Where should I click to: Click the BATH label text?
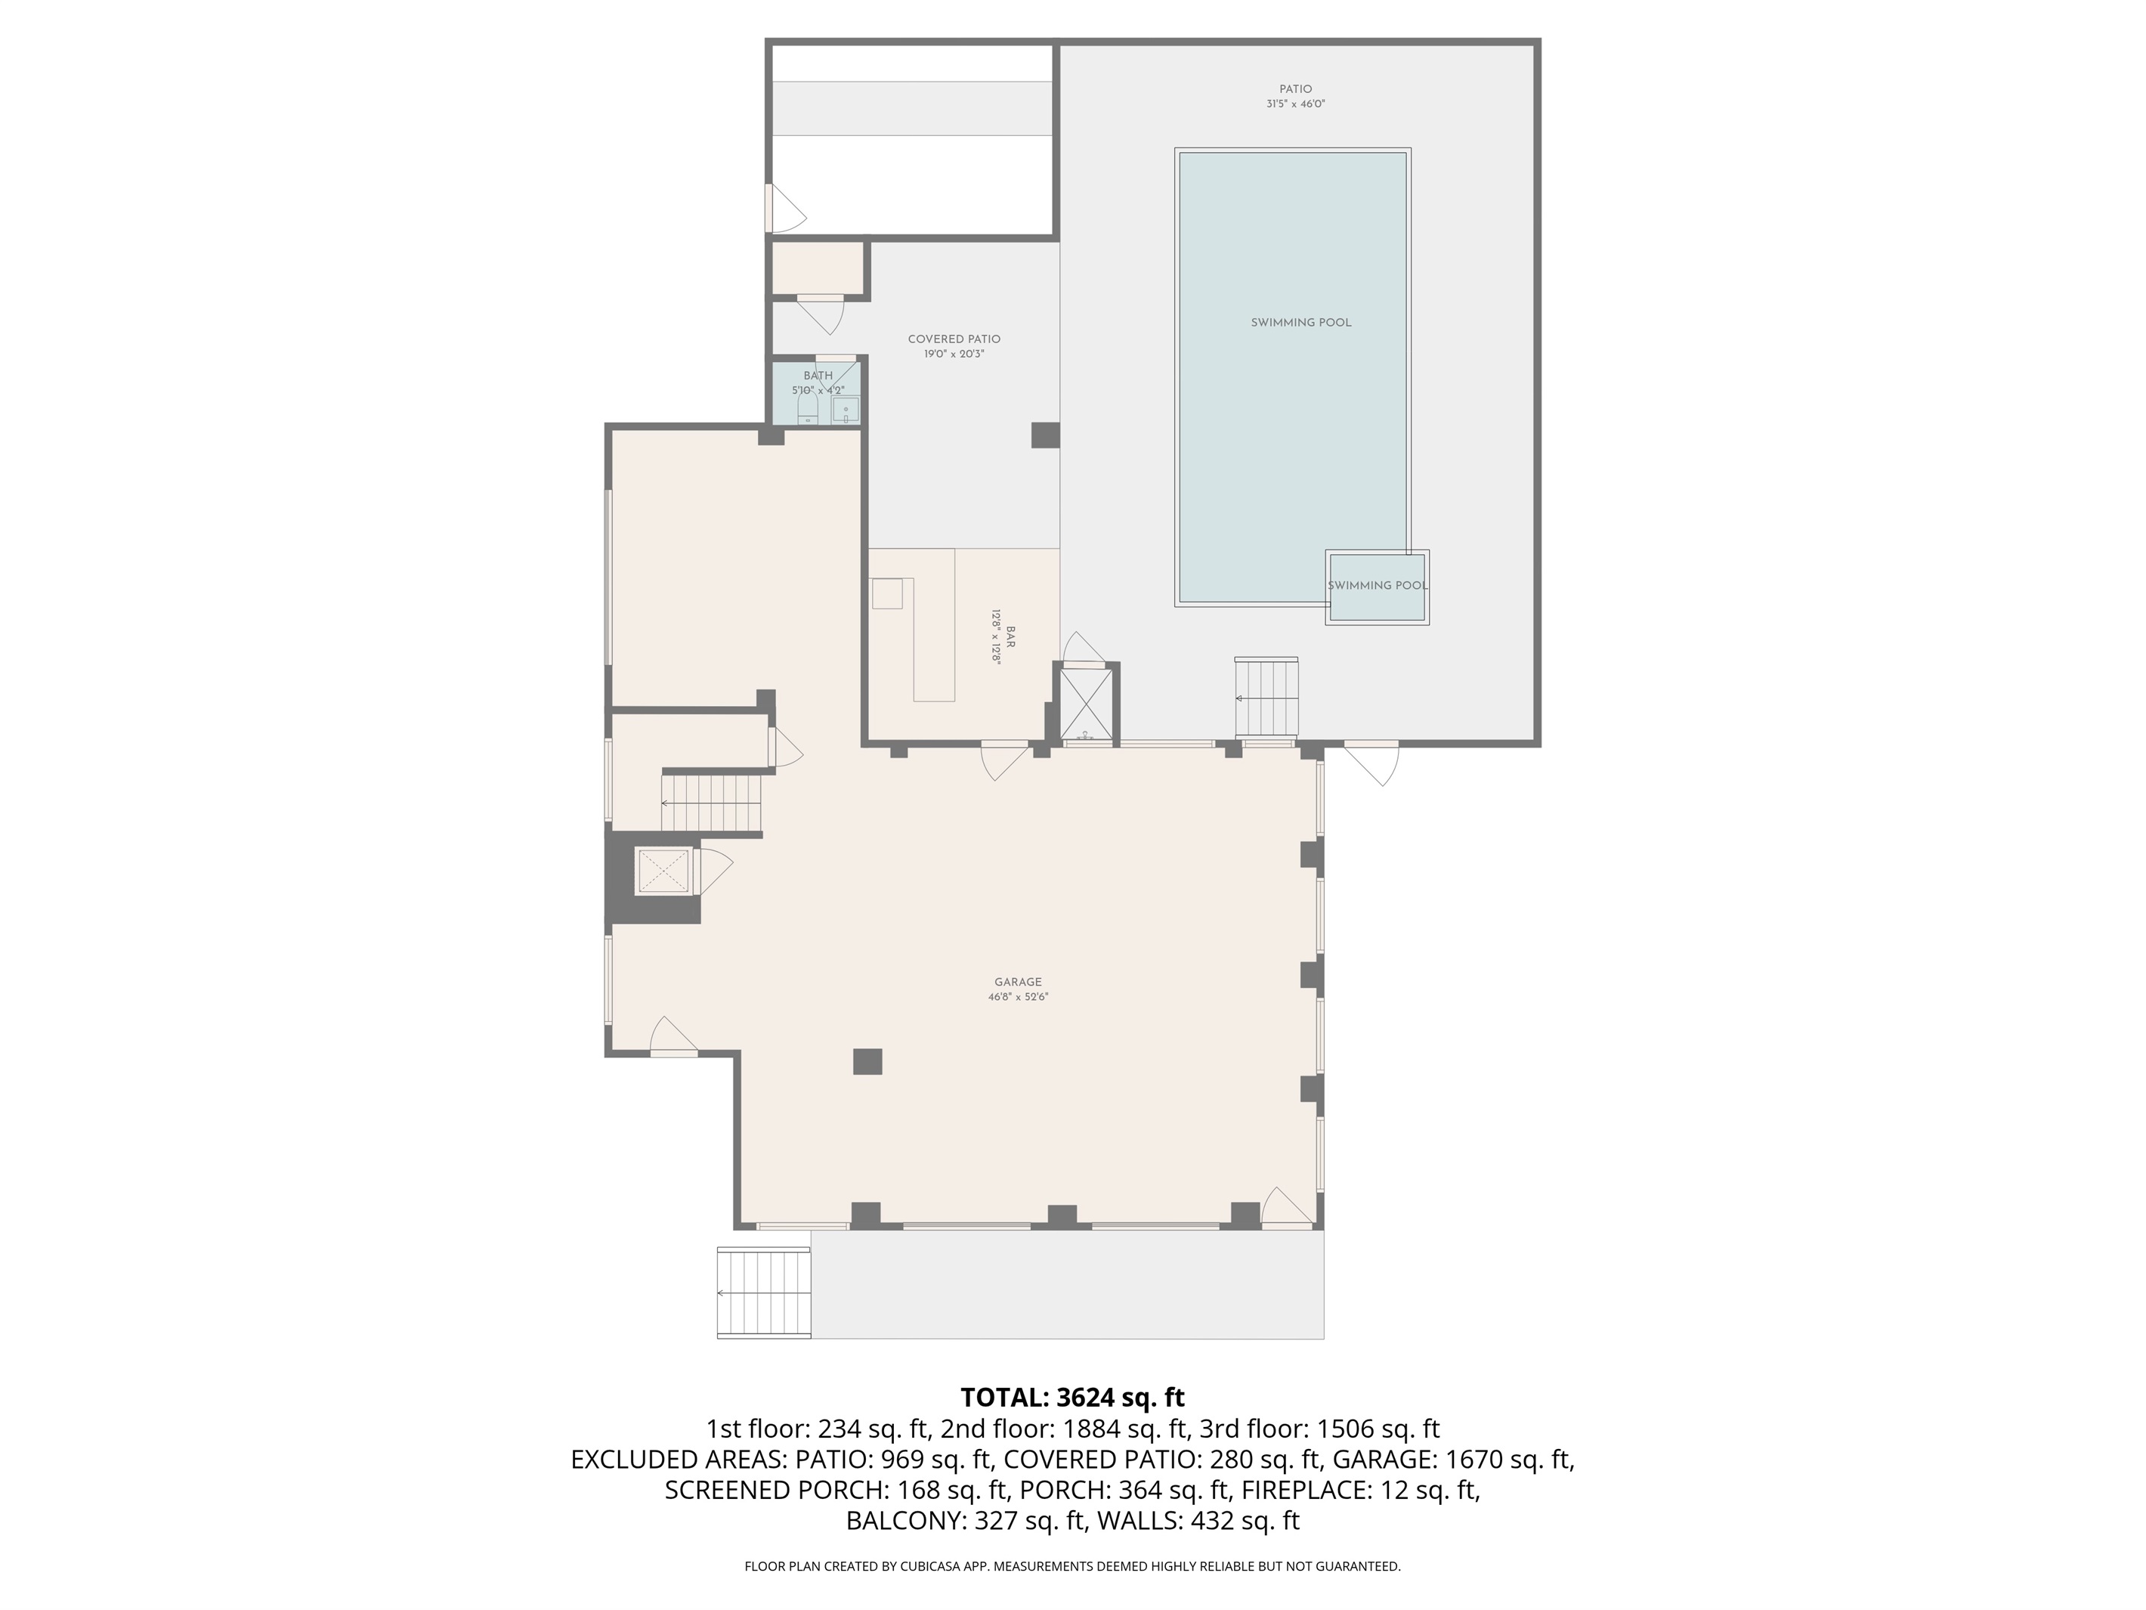pos(818,376)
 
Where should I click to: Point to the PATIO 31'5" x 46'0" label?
pos(1295,96)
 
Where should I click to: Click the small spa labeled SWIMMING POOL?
pos(1377,587)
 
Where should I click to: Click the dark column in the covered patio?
pos(1045,435)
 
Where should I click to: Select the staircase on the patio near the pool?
pos(1266,698)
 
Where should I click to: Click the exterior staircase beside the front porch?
pos(763,1293)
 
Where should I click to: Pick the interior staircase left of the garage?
pos(713,803)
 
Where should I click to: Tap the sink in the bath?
pos(845,410)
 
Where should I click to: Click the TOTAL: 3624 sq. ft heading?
pos(1072,1398)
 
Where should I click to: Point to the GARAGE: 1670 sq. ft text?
pos(1453,1460)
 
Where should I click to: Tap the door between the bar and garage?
pos(1004,760)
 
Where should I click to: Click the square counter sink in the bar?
pos(886,593)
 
